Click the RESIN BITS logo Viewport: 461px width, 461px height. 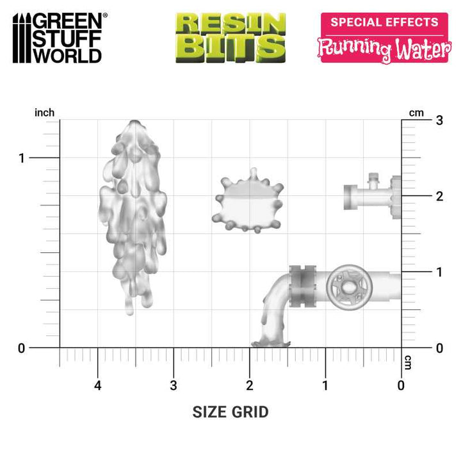click(x=230, y=37)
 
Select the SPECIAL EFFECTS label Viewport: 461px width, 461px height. click(x=384, y=22)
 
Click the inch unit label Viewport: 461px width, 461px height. click(x=44, y=113)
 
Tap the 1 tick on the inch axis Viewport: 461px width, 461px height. click(x=22, y=158)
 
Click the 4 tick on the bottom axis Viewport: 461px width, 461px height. click(x=97, y=385)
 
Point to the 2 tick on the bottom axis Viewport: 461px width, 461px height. click(x=250, y=385)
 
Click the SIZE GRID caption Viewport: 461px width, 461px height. click(x=230, y=412)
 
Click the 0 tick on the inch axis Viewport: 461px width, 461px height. click(x=22, y=348)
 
